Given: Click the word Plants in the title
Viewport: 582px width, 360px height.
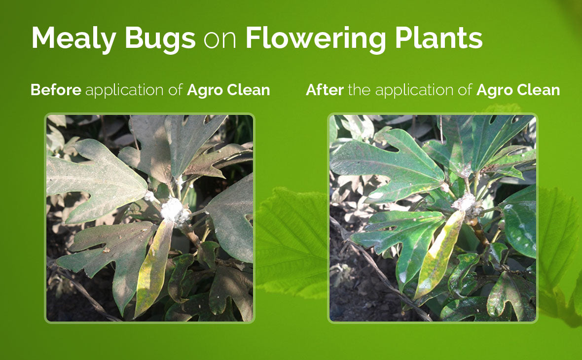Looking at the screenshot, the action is click(438, 37).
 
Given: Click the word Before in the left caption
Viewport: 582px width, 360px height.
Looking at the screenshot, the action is click(56, 90).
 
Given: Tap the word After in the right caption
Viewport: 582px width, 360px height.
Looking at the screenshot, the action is click(325, 90).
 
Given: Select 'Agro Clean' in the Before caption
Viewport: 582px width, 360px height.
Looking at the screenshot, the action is click(228, 90).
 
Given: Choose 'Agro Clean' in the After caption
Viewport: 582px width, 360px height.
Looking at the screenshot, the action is click(518, 90).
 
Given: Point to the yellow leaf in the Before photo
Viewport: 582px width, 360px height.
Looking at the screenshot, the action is click(154, 268).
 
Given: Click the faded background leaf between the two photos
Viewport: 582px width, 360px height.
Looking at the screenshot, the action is click(291, 241).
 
